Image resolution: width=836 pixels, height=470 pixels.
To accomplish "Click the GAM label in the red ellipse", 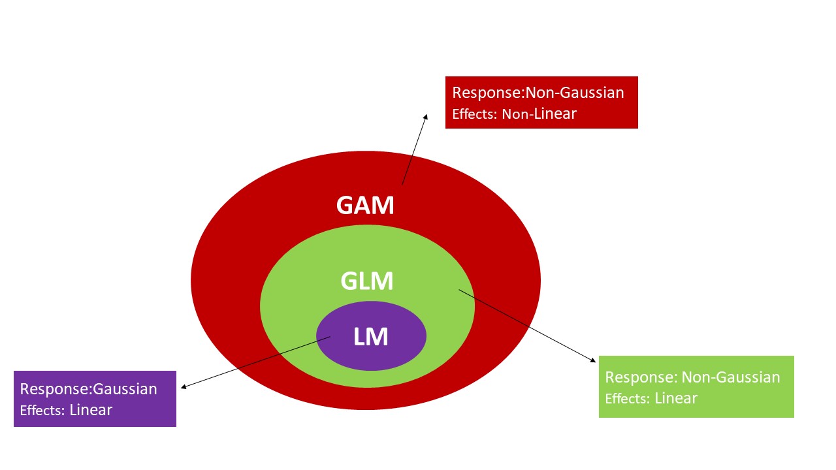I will pos(365,205).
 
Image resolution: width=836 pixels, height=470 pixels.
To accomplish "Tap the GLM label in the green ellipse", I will pos(367,281).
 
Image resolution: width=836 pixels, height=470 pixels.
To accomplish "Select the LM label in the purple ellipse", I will pos(370,337).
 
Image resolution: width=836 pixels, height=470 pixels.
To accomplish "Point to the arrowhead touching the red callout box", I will pos(425,117).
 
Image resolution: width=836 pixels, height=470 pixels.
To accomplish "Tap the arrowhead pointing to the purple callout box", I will pos(184,387).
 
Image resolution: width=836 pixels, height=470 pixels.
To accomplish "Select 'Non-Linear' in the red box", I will pos(539,114).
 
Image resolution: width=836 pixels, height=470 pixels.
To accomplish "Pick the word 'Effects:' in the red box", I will pos(475,115).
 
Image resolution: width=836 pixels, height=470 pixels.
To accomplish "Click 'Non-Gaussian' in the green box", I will pos(730,377).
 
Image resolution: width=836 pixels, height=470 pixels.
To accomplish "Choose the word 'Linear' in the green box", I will pos(676,398).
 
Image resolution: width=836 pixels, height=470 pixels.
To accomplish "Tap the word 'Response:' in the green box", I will pos(641,377).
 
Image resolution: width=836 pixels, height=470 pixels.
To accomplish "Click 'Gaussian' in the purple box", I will pos(125,390).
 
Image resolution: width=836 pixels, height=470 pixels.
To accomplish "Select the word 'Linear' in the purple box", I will pos(91,411).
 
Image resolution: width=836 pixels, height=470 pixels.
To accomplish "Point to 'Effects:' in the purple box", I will pos(42,411).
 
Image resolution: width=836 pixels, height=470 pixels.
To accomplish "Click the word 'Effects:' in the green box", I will pos(628,399).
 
